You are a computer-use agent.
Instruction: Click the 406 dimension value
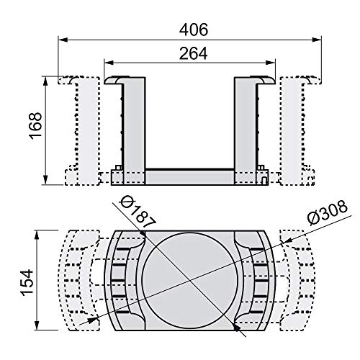(x=194, y=30)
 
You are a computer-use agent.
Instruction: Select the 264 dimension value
(x=194, y=53)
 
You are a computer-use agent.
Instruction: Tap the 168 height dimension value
(x=35, y=125)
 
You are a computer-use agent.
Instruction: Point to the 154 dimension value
(x=27, y=282)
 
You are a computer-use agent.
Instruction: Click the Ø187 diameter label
(x=138, y=212)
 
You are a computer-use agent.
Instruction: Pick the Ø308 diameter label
(x=328, y=213)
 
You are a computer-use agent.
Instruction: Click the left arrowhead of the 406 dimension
(x=62, y=40)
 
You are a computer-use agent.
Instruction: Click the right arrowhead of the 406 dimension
(x=318, y=40)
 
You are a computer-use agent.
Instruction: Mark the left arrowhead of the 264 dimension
(x=108, y=63)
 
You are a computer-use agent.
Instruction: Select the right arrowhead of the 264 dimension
(x=271, y=63)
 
